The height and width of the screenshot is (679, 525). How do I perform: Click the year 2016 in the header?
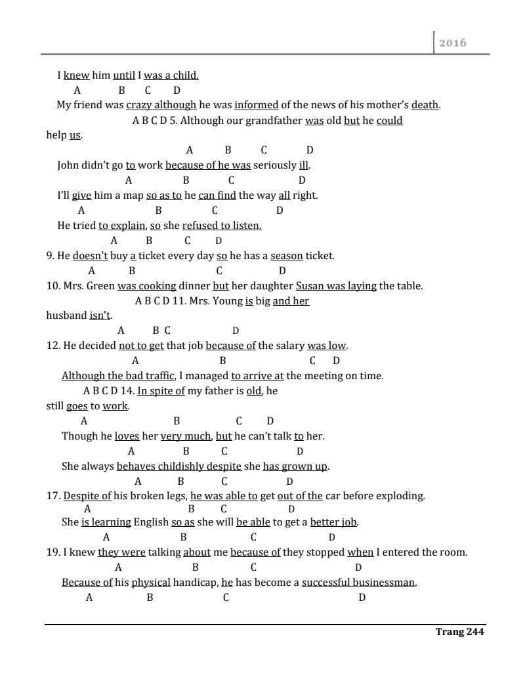pos(453,43)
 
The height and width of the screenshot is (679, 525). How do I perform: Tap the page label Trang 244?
pos(459,632)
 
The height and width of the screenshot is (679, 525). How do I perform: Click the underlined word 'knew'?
pos(76,75)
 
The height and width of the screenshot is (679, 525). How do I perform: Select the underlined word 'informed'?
pos(256,105)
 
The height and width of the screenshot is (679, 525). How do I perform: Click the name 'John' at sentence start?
pos(68,165)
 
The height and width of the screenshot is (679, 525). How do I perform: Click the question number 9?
pos(50,256)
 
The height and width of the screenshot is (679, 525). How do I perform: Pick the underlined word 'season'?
pos(286,256)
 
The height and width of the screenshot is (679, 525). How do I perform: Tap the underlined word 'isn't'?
pos(100,316)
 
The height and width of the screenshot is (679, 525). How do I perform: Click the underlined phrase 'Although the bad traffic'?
pos(118,376)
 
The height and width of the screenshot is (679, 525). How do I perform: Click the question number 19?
pos(53,552)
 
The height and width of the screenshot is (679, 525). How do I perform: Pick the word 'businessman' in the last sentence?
pos(384,583)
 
